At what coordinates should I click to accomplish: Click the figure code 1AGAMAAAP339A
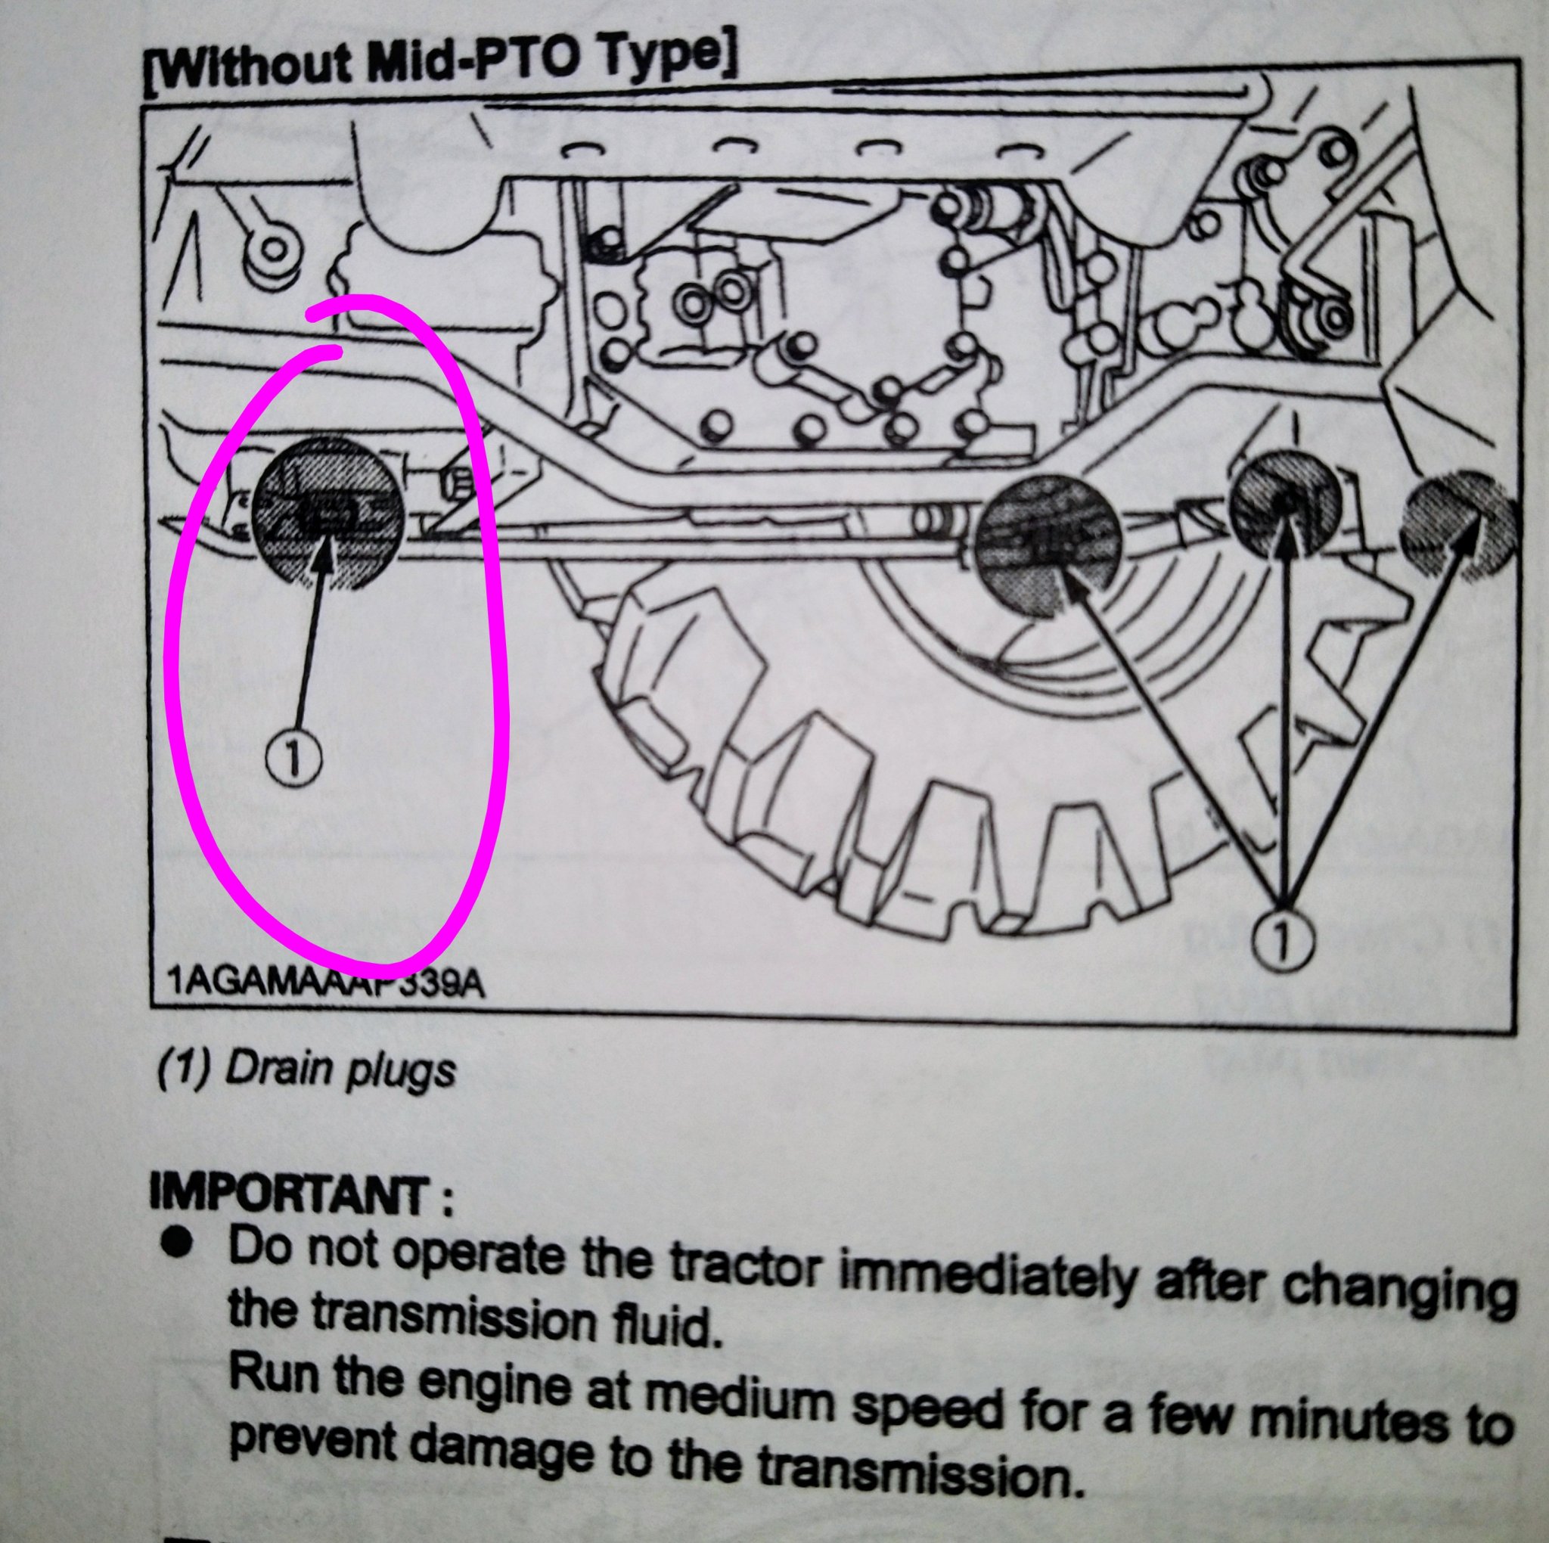coord(326,983)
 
